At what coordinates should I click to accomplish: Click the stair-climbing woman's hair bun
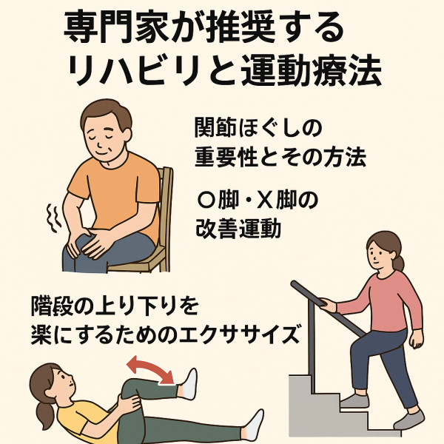(400, 262)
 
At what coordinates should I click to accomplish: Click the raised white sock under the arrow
(189, 383)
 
